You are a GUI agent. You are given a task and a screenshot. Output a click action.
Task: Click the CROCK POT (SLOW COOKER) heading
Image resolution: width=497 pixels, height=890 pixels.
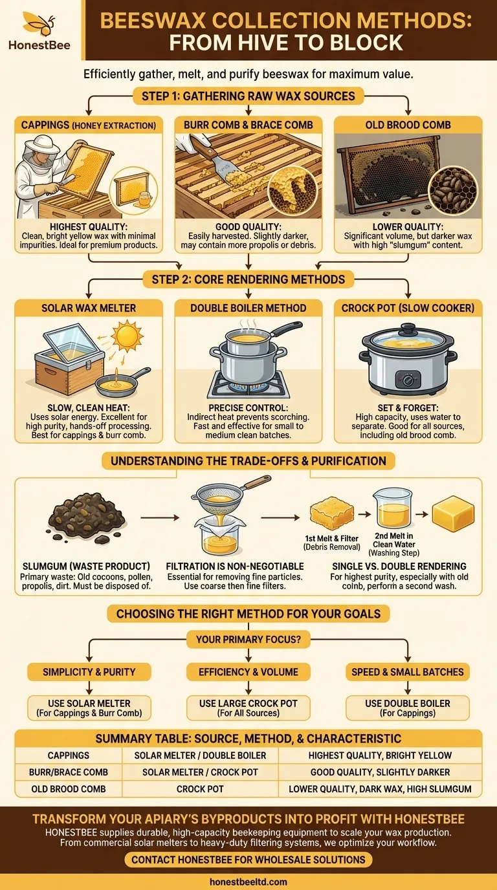(x=408, y=309)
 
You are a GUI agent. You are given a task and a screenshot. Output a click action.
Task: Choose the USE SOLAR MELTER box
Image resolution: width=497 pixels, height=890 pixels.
(x=89, y=708)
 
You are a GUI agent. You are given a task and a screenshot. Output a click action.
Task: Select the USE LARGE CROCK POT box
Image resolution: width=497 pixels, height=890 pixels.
(x=248, y=708)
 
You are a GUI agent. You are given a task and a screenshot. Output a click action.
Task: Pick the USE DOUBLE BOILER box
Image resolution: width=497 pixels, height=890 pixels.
(x=408, y=708)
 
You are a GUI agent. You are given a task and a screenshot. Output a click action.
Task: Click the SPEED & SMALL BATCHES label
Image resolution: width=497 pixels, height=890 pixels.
(x=408, y=671)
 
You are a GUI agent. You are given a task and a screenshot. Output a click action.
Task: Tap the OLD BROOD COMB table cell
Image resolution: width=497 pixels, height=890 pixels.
(x=69, y=789)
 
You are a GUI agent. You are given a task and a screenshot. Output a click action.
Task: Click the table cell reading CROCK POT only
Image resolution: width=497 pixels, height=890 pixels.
(x=200, y=789)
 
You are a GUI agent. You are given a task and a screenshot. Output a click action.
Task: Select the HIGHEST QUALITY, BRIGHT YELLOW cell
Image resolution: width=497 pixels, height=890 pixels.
(x=380, y=755)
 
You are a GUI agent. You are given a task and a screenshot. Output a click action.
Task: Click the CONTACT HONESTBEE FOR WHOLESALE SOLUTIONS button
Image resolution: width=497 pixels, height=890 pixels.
(x=248, y=860)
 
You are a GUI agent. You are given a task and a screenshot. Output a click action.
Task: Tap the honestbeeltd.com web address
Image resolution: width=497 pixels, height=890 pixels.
(x=248, y=882)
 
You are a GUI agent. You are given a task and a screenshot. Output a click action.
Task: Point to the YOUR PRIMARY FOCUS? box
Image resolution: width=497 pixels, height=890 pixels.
(x=248, y=640)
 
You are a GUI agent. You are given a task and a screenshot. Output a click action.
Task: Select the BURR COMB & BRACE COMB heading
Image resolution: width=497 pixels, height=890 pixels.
(x=248, y=125)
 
